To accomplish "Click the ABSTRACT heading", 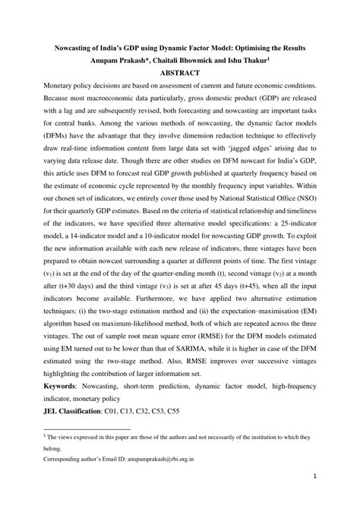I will (x=180, y=73).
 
